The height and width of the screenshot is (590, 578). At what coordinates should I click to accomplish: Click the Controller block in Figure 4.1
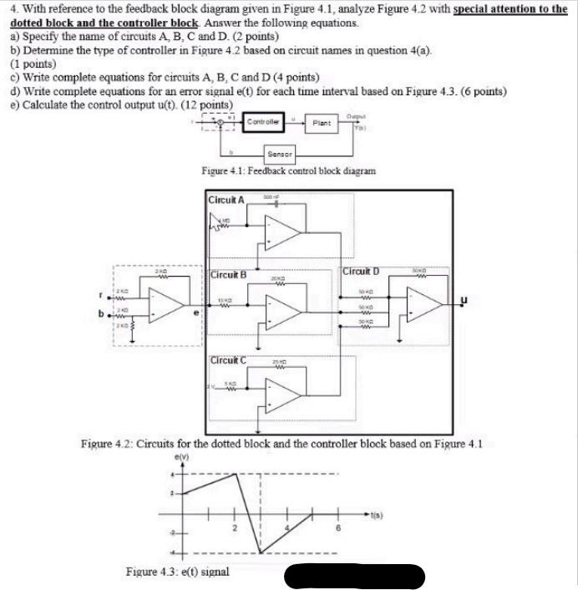[x=262, y=123]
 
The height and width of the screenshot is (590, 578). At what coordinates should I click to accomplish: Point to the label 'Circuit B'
[x=228, y=274]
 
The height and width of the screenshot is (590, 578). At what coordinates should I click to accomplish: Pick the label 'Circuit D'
[x=362, y=271]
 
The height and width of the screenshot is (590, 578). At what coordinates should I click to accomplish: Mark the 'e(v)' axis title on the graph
[x=180, y=457]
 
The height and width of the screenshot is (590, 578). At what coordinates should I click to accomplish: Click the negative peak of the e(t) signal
[x=261, y=552]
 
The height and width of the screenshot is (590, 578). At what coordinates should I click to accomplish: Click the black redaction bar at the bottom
[x=355, y=577]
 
